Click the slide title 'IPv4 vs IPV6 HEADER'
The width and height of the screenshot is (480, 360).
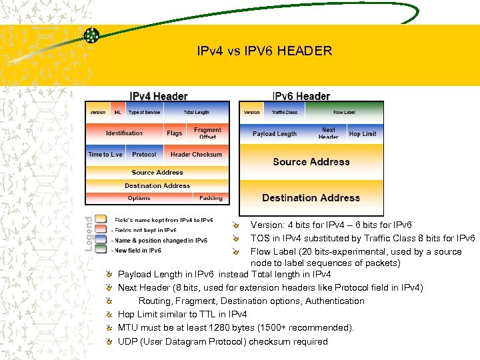pyautogui.click(x=264, y=51)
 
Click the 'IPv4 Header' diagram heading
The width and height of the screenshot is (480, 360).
pyautogui.click(x=158, y=97)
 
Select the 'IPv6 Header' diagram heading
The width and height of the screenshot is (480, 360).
pyautogui.click(x=301, y=97)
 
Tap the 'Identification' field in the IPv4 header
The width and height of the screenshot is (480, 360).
pyautogui.click(x=124, y=133)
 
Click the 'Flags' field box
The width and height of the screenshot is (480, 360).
pyautogui.click(x=175, y=133)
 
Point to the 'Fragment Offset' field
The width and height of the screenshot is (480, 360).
pyautogui.click(x=207, y=133)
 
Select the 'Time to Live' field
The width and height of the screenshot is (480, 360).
pyautogui.click(x=105, y=155)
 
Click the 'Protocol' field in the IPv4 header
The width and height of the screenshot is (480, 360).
pyautogui.click(x=144, y=155)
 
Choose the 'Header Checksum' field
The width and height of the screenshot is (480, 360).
pyautogui.click(x=196, y=155)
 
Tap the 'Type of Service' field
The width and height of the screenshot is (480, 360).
pyautogui.click(x=144, y=112)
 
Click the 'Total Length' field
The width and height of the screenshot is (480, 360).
pyautogui.click(x=196, y=112)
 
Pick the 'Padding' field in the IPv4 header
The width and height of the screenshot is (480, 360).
pyautogui.click(x=211, y=198)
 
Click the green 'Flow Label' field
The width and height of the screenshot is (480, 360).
pyautogui.click(x=344, y=112)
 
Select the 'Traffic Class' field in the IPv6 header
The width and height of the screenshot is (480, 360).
pyautogui.click(x=285, y=112)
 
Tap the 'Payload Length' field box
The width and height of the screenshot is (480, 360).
pyautogui.click(x=275, y=133)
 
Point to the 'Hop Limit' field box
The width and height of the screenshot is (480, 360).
pyautogui.click(x=363, y=133)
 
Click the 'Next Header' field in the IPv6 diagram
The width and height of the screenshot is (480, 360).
pyautogui.click(x=329, y=133)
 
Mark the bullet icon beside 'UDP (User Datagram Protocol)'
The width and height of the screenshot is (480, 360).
pyautogui.click(x=109, y=341)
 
